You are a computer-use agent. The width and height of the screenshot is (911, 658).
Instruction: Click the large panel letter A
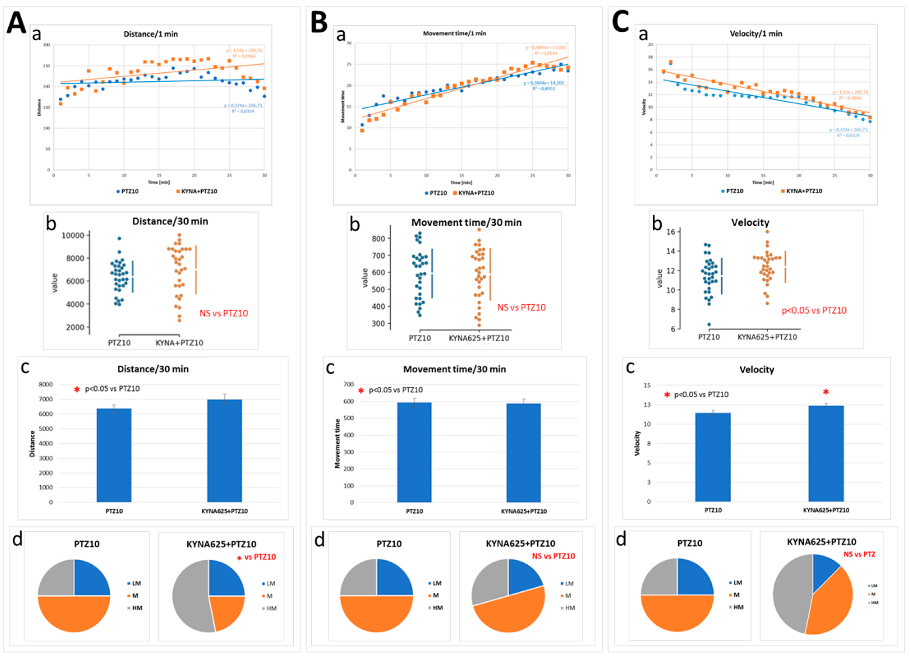pyautogui.click(x=16, y=23)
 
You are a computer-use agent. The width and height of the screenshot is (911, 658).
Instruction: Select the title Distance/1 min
pyautogui.click(x=151, y=34)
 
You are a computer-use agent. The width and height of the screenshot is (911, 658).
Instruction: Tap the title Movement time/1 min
pyautogui.click(x=454, y=33)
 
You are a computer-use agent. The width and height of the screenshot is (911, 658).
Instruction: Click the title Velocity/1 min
pyautogui.click(x=756, y=34)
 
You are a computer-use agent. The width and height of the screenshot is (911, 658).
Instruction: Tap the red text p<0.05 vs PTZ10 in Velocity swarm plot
pyautogui.click(x=814, y=311)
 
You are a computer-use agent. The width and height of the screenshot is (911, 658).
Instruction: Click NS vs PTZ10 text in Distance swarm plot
pyautogui.click(x=224, y=313)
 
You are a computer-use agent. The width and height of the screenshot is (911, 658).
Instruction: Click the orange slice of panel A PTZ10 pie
pyautogui.click(x=74, y=615)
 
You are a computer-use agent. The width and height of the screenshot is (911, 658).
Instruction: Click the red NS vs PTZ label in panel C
pyautogui.click(x=859, y=554)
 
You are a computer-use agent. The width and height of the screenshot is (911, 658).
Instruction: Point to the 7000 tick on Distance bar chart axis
pyautogui.click(x=45, y=399)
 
